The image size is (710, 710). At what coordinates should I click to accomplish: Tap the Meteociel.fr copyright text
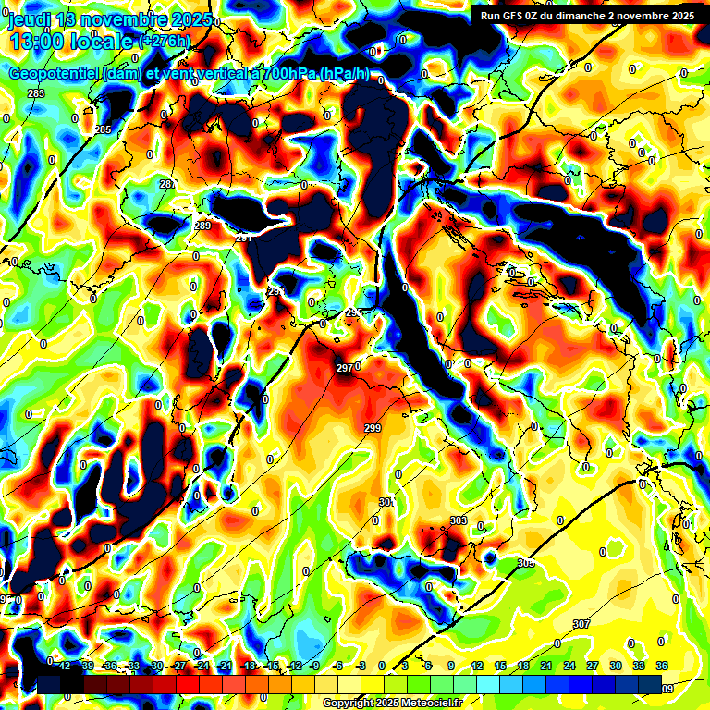392,703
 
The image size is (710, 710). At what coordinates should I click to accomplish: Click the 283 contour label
36,94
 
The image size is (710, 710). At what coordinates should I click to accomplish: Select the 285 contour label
103,129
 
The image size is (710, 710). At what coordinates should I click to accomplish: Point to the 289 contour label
202,226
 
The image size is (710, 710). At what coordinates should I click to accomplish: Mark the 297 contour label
344,368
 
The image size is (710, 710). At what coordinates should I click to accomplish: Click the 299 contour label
373,428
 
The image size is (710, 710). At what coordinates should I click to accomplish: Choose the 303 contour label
459,521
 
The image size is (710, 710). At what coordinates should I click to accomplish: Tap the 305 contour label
526,563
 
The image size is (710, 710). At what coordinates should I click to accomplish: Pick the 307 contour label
581,624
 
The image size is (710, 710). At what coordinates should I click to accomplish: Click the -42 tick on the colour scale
63,666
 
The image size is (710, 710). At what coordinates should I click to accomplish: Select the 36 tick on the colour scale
662,666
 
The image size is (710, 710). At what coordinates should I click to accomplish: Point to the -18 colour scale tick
248,666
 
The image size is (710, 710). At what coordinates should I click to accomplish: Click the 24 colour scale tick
569,666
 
